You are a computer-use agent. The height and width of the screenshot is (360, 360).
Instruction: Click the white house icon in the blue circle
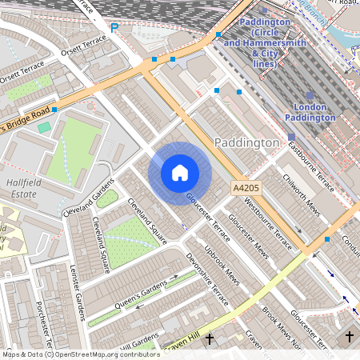[x=180, y=173]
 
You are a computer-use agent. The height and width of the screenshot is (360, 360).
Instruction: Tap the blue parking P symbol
[x=114, y=27]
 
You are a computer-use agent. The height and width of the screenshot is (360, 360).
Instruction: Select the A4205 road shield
[x=246, y=186]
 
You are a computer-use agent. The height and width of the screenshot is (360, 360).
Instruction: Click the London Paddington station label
[x=304, y=112]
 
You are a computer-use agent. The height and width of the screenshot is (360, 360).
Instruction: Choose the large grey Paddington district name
[x=247, y=142]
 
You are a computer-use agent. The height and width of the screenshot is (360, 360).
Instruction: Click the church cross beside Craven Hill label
[x=210, y=339]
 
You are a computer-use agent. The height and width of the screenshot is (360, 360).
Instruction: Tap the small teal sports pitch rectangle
[x=43, y=127]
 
